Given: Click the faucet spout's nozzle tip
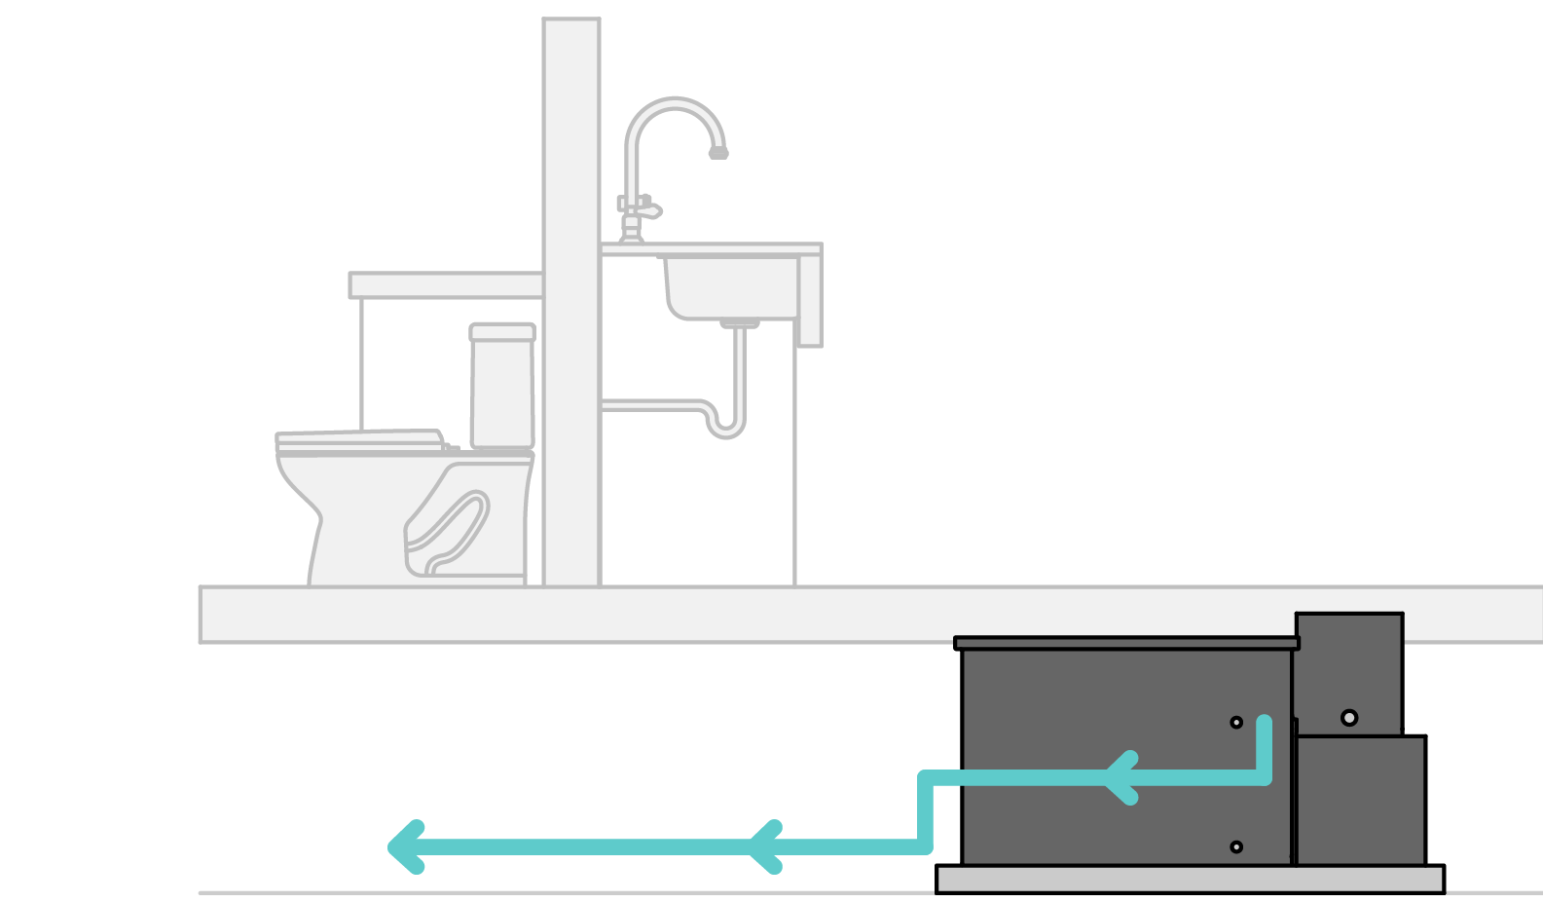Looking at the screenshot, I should (x=718, y=153).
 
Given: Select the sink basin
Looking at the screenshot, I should (x=730, y=286).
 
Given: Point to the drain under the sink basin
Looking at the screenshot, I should (x=740, y=322).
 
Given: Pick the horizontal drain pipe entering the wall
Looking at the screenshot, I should (x=647, y=405).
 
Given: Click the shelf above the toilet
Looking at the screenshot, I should (x=445, y=285).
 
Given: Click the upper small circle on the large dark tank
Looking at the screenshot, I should (x=1236, y=723).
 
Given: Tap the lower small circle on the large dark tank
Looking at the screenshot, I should (x=1236, y=847).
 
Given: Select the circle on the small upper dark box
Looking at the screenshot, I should (x=1349, y=718).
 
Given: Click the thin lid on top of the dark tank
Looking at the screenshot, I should (x=1126, y=643).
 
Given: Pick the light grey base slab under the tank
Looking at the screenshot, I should (x=1190, y=879).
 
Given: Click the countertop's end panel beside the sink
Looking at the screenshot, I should (x=810, y=298).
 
